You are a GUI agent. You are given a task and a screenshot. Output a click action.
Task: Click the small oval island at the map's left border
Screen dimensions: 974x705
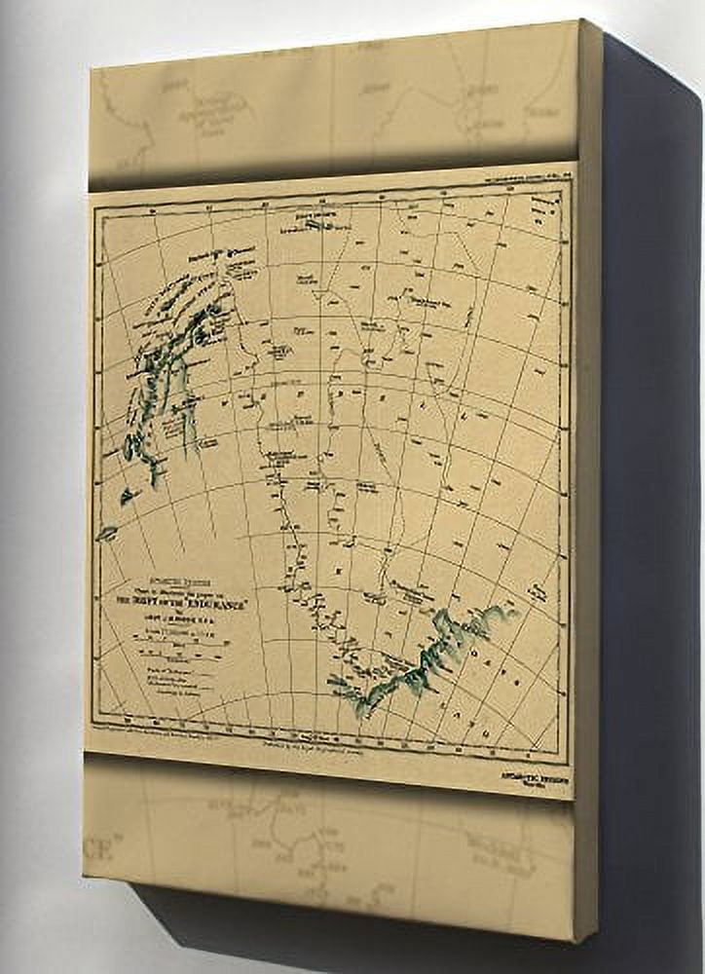point(106,534)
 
